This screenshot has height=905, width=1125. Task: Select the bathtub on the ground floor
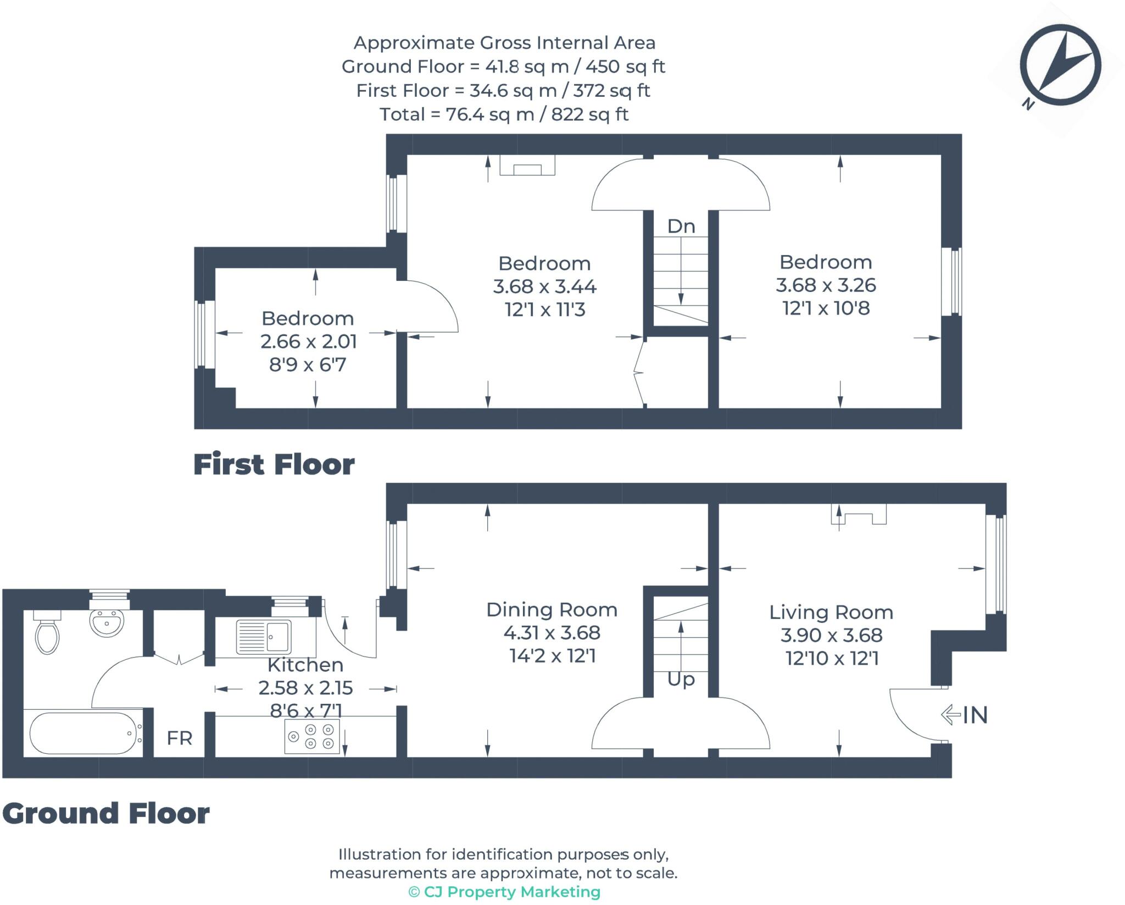82,733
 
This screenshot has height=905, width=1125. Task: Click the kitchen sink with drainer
263,637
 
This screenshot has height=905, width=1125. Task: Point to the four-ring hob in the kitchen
312,736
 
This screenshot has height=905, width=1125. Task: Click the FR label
179,738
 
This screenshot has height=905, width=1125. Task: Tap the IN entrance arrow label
965,715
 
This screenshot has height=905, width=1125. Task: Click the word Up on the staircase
681,680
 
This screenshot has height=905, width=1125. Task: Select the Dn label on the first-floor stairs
681,226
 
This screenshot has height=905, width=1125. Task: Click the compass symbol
1060,65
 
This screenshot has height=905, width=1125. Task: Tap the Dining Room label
552,610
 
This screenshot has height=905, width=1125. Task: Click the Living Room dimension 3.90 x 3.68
831,635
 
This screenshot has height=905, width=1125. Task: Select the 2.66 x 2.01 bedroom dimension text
308,341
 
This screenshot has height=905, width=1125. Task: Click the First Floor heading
274,465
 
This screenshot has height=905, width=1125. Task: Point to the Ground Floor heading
105,813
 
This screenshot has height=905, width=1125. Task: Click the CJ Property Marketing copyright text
504,891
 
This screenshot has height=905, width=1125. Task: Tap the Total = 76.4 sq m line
504,114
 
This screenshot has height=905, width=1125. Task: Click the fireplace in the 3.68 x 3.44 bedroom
527,165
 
